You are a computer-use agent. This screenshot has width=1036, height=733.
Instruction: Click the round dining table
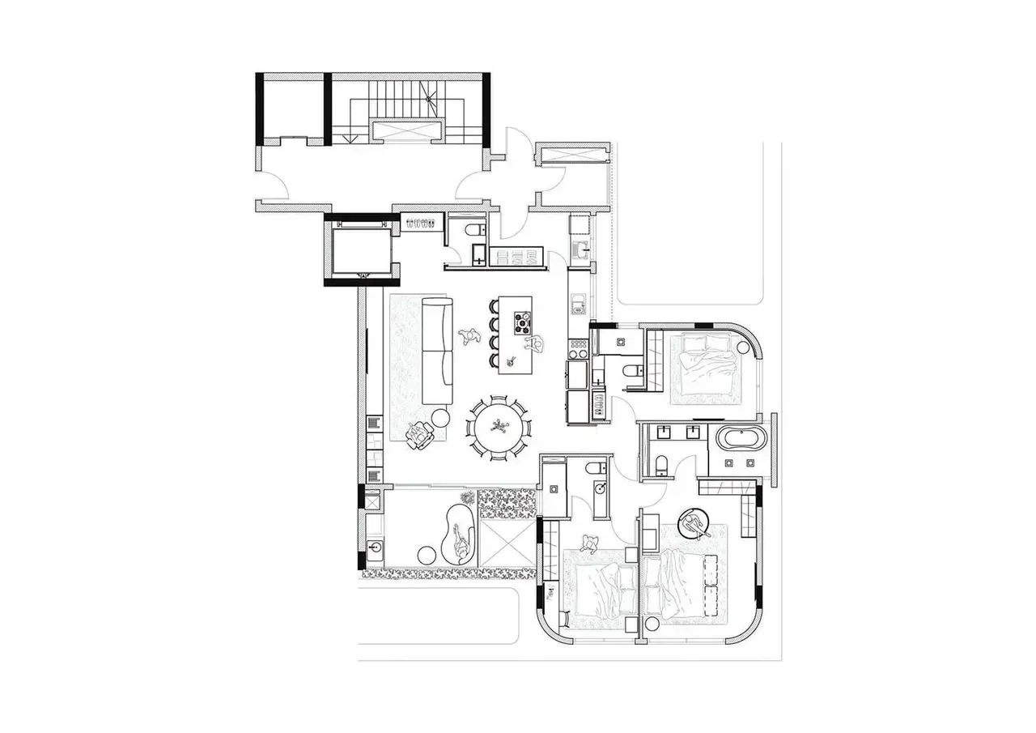coord(499,426)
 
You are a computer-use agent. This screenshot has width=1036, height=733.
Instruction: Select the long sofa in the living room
coord(438,351)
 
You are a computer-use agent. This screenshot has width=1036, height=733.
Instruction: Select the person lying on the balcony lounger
coord(461,541)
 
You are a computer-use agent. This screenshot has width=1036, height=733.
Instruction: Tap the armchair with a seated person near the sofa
coord(420,435)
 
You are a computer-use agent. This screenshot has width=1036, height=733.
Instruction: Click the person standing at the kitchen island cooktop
coord(535,344)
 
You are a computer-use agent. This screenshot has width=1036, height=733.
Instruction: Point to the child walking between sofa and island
coord(467,335)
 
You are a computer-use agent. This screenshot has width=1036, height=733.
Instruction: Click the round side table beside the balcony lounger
coord(427,556)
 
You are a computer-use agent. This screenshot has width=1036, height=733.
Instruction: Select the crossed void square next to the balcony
coord(506,543)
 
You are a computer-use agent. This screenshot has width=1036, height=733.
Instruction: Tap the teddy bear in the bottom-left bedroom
coord(588,543)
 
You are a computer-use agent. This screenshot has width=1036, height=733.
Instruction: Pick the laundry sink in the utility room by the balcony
coord(373,550)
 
